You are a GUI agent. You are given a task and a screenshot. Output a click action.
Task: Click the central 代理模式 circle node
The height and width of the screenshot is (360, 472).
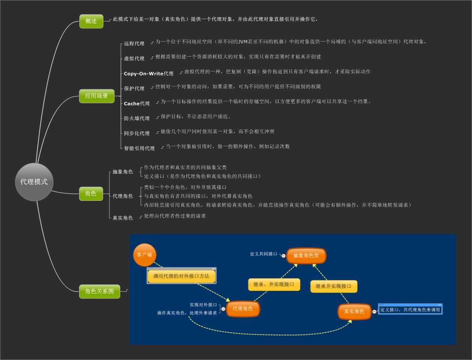tap(34, 182)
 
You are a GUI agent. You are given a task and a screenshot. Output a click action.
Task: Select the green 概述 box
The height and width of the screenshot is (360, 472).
tap(91, 21)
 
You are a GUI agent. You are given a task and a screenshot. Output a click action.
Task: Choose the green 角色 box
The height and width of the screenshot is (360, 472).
tap(91, 194)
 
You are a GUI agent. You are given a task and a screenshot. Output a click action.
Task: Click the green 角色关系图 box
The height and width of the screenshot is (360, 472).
tap(100, 291)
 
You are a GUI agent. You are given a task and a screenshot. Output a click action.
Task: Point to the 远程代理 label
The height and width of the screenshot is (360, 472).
tap(134, 44)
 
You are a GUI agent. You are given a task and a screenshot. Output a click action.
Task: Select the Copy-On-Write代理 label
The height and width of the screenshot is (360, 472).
tap(148, 73)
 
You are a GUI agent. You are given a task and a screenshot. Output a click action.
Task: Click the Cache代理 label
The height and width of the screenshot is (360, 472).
tap(137, 103)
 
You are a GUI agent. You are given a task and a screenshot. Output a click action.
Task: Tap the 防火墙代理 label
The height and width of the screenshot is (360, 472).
tap(137, 118)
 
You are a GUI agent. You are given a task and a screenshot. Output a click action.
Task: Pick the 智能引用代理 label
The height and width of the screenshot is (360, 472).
tap(139, 148)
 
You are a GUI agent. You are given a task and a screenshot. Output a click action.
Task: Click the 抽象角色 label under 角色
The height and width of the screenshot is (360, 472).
tap(123, 172)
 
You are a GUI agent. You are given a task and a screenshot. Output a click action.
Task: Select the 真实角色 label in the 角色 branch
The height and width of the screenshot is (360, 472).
tap(123, 218)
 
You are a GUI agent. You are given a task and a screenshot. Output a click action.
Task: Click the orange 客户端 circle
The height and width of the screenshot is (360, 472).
tap(145, 255)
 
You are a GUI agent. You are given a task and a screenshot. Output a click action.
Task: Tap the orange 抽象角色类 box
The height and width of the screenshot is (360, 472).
tap(306, 256)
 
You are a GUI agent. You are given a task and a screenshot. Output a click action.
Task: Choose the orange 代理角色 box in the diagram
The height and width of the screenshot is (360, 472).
tap(243, 309)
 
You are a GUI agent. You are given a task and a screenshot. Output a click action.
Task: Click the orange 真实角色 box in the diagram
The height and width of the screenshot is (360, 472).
tap(354, 312)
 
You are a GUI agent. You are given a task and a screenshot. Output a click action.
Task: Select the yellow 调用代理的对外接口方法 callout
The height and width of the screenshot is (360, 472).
tap(182, 276)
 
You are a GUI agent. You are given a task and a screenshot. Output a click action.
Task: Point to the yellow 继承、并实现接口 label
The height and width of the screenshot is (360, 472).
tap(274, 284)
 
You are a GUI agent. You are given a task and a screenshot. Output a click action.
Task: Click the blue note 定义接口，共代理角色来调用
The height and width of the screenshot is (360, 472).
tap(410, 310)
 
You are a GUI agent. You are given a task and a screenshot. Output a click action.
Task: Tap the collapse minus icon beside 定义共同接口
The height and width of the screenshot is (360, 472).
tap(284, 255)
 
